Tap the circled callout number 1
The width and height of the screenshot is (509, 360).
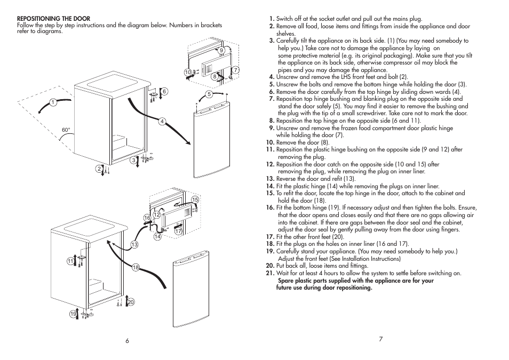(53, 102)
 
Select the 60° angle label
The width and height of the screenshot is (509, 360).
(66, 130)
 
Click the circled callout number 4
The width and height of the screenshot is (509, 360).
(161, 121)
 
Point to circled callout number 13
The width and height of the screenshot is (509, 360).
(135, 244)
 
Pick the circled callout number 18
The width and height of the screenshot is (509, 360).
(136, 267)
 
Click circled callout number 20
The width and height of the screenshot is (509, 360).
(130, 302)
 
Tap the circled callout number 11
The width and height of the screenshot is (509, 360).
(69, 261)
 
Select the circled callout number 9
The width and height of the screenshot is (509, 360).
(220, 50)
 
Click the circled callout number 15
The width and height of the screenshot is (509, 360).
(195, 199)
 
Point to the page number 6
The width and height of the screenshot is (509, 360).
(128, 341)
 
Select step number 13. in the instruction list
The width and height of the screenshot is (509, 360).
(270, 179)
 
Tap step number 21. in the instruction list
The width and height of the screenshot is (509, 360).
(270, 274)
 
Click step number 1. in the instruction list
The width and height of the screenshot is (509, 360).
(272, 19)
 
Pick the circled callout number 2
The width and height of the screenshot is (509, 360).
(99, 169)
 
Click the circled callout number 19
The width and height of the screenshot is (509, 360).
(73, 314)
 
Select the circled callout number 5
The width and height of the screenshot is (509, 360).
(209, 94)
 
